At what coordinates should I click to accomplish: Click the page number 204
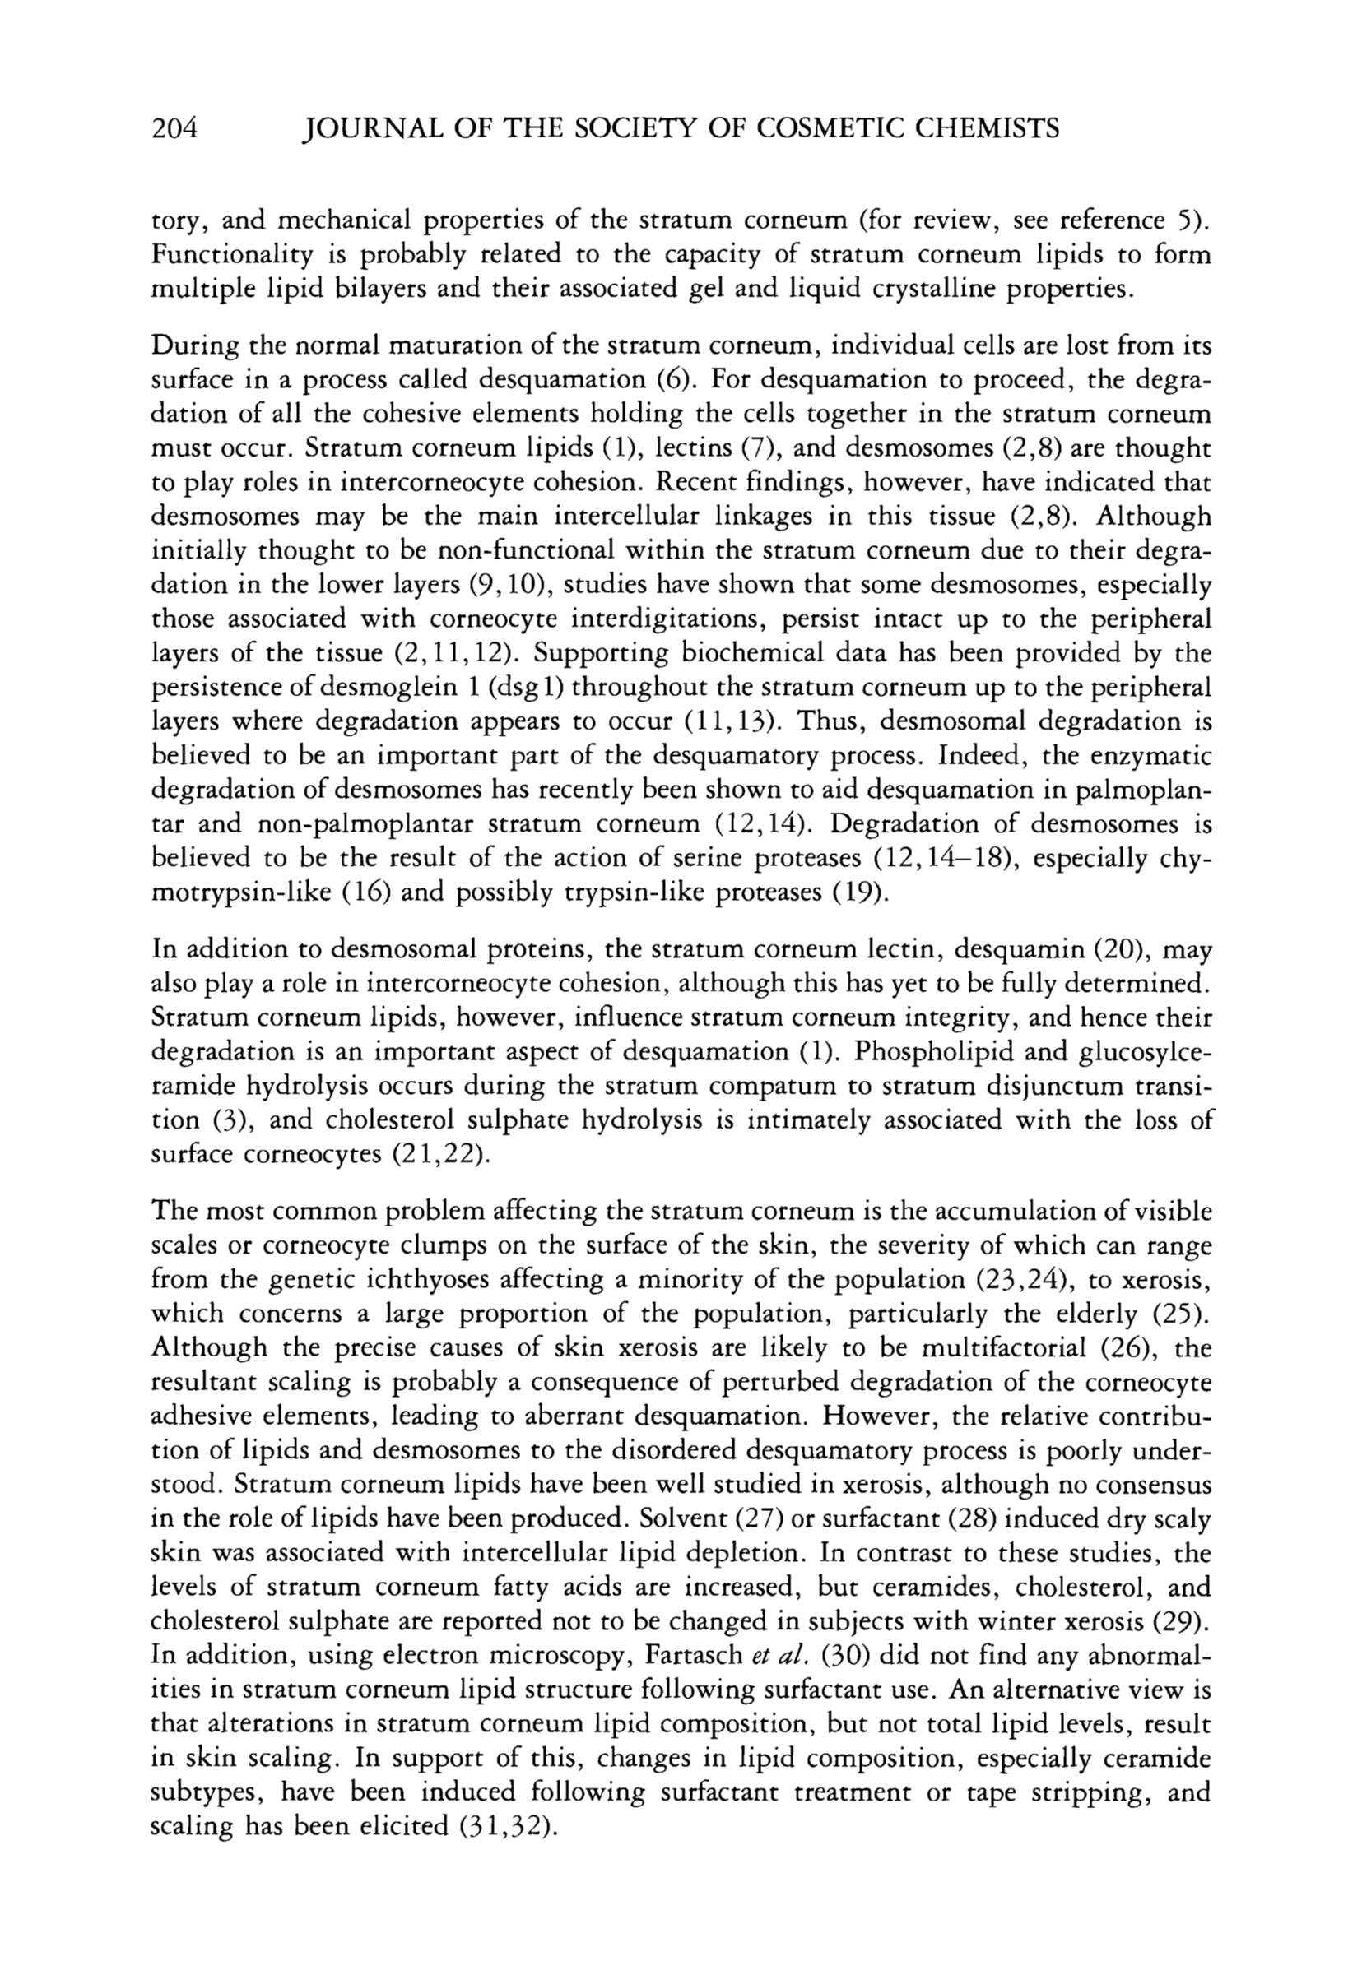174,129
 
